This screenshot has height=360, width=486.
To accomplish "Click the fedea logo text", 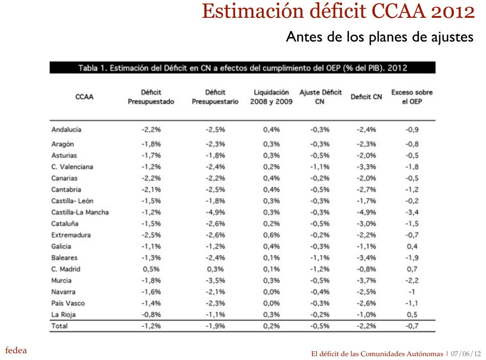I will (x=16, y=350).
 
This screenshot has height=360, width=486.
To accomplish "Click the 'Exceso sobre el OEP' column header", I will (x=412, y=97).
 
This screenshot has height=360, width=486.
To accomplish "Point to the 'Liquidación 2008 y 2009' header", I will (x=271, y=97).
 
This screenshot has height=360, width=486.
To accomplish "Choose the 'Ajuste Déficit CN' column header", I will (x=320, y=97).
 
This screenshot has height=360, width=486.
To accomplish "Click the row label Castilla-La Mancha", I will (x=80, y=212).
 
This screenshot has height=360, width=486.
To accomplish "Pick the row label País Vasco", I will (x=68, y=303).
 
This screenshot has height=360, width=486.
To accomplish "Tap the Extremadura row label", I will (x=71, y=235).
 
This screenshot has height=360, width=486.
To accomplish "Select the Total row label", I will (x=59, y=326).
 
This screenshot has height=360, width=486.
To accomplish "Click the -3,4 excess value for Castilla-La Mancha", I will (x=411, y=212).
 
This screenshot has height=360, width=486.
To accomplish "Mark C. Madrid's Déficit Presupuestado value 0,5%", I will (x=151, y=269).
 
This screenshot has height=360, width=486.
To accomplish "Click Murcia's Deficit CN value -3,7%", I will (x=366, y=281).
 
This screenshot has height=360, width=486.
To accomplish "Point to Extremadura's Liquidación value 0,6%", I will (x=271, y=235).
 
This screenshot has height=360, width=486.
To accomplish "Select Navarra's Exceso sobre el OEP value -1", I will (x=411, y=292).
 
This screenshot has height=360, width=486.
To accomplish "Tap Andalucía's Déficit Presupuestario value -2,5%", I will (x=215, y=130).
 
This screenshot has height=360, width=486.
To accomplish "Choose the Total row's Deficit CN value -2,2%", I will (x=366, y=326).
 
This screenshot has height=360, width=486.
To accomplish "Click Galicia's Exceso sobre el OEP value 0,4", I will (x=412, y=246).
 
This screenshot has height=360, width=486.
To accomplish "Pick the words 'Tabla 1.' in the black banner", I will (x=92, y=68).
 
